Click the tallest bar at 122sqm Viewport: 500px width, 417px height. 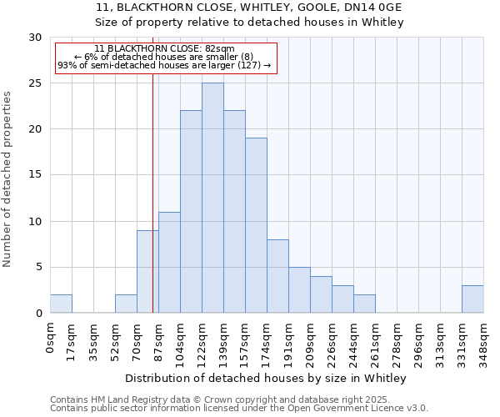point(212,198)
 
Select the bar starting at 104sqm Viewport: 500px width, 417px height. point(191,212)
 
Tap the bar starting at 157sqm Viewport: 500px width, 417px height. point(256,225)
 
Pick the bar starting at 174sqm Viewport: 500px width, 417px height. point(277,276)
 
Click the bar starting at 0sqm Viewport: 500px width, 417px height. point(61,304)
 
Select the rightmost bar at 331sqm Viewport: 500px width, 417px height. point(472,299)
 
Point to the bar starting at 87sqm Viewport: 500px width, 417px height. point(169,263)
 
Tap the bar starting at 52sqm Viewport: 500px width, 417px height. point(126,304)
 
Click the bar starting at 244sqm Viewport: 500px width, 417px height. point(364,304)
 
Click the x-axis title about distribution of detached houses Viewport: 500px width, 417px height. point(266,378)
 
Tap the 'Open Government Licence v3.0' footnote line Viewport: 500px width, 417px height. point(239,408)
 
